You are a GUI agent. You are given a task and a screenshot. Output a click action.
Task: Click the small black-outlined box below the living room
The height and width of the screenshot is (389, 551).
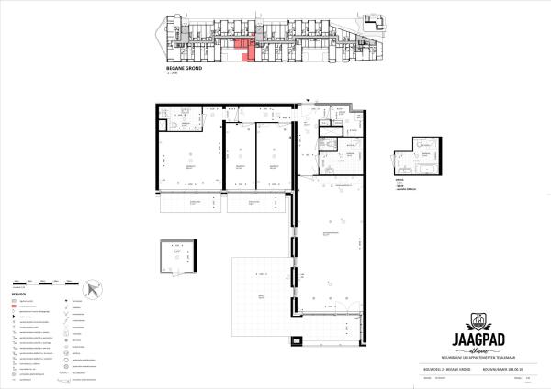[x=322, y=339]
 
